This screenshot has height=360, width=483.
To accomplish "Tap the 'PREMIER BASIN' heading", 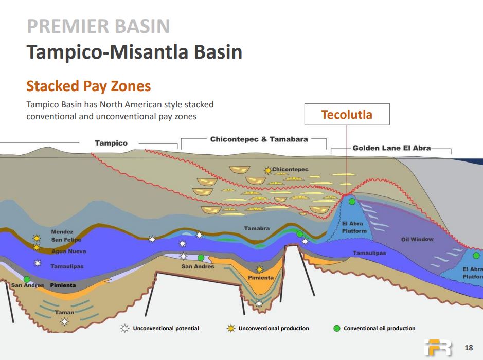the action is [x=98, y=26].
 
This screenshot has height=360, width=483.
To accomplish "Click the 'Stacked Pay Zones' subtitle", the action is [x=88, y=86].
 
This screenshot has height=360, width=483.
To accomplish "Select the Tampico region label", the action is [x=111, y=143].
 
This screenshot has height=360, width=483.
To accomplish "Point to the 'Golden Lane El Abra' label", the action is [x=391, y=148].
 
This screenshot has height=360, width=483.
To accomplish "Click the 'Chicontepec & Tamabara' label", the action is [x=259, y=139].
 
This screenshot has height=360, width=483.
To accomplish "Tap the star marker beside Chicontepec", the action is [x=268, y=170].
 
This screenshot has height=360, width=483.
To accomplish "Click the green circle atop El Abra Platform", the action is [x=352, y=202].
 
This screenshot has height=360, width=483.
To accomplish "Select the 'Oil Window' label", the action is [x=417, y=239].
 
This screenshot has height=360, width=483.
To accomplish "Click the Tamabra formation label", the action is [x=257, y=228].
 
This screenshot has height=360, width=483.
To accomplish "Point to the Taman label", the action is [x=64, y=312].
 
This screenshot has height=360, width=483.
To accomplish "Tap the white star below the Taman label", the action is [x=64, y=322].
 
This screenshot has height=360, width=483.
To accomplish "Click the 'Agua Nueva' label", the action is [x=69, y=251].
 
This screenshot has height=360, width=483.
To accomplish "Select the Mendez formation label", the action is [x=62, y=232].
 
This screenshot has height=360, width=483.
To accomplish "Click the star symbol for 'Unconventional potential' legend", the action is [x=125, y=328].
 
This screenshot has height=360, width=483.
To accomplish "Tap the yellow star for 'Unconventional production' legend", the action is [x=231, y=328].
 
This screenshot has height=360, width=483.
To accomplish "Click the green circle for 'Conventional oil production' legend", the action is [x=337, y=328].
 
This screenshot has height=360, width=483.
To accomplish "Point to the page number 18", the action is [x=469, y=348].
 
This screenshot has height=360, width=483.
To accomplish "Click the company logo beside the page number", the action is [x=438, y=348].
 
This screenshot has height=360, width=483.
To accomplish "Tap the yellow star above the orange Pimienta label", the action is [x=260, y=269].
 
